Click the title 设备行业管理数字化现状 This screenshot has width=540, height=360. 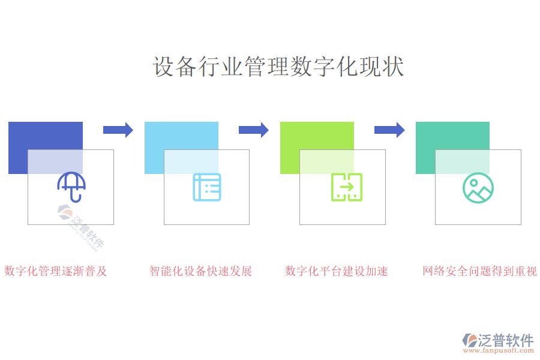click(x=278, y=67)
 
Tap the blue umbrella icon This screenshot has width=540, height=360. click(x=71, y=187)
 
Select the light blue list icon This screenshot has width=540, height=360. click(x=207, y=187)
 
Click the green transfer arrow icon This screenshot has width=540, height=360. click(x=347, y=187)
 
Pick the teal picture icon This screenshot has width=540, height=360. click(x=478, y=187)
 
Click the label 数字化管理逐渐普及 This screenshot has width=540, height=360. click(x=56, y=271)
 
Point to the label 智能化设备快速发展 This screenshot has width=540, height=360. click(x=201, y=271)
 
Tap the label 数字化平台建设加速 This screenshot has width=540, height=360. click(x=337, y=271)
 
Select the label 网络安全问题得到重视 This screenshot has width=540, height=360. click(x=479, y=271)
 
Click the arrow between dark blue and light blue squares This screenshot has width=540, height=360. click(x=118, y=130)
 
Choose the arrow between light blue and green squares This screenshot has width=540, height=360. click(x=253, y=130)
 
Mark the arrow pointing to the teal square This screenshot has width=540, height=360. click(x=389, y=130)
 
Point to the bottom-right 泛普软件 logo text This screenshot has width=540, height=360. click(x=506, y=340)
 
